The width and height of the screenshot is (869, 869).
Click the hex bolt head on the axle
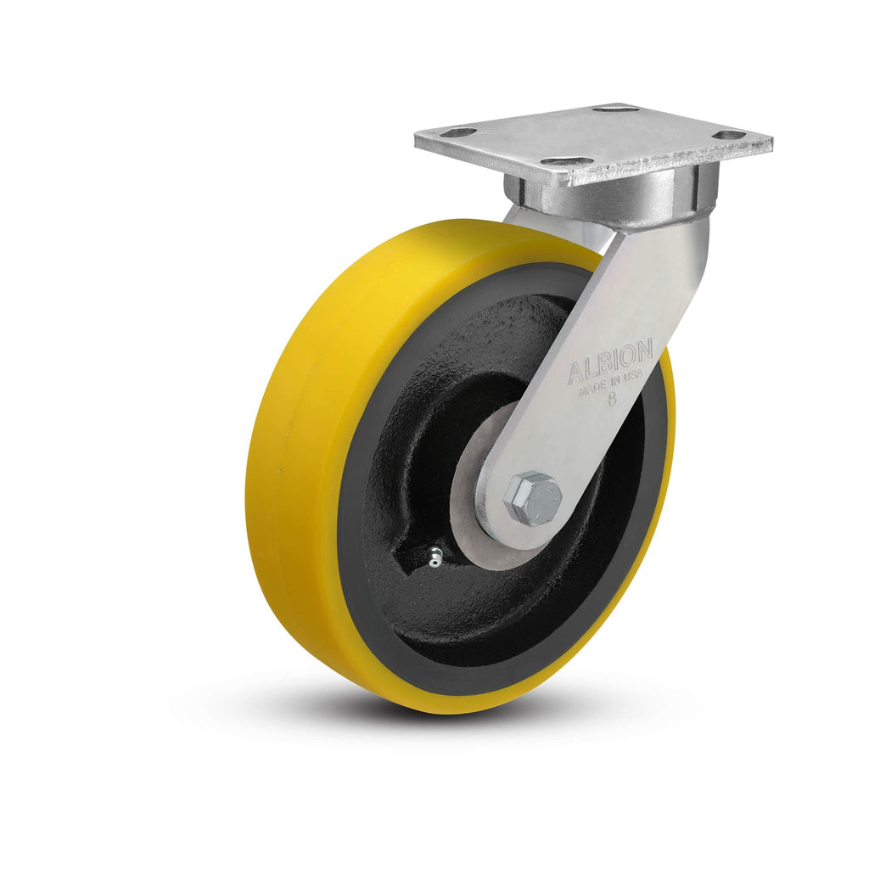(532, 497)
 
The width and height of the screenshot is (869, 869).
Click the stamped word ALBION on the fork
(609, 362)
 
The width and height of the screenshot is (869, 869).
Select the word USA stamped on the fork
(633, 376)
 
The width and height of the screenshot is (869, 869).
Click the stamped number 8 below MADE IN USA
(612, 400)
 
